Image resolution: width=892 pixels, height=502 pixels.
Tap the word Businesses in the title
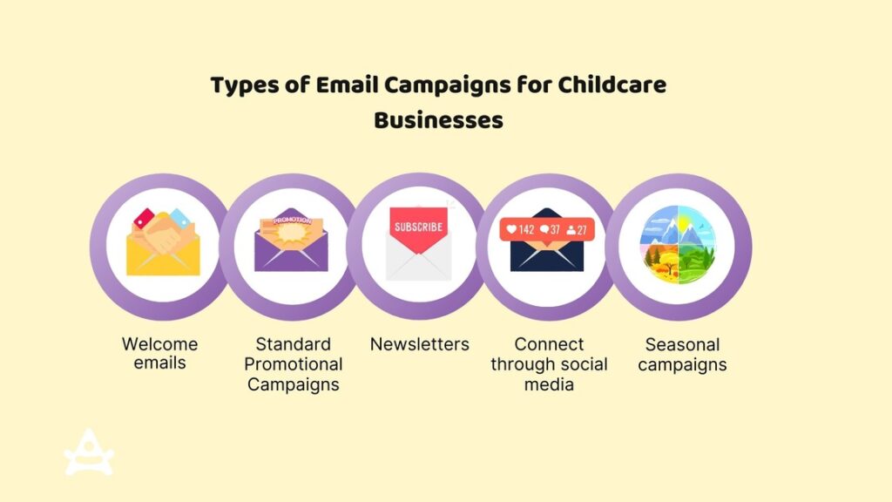pos(438,120)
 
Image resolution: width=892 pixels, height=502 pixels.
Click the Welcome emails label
pos(159,353)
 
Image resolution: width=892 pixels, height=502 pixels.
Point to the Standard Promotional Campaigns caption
pos(293,363)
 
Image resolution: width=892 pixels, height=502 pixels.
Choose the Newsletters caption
pos(419,344)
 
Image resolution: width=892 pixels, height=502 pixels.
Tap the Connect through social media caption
pos(549,363)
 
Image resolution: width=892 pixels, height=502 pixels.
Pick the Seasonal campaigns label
pos(682,354)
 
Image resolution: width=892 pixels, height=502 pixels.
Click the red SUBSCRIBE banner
pos(418,228)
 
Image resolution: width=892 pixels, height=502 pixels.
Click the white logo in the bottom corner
pos(89,453)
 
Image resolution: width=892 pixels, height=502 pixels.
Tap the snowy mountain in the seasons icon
pos(661,229)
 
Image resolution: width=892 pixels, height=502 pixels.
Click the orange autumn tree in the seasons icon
pos(661,261)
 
